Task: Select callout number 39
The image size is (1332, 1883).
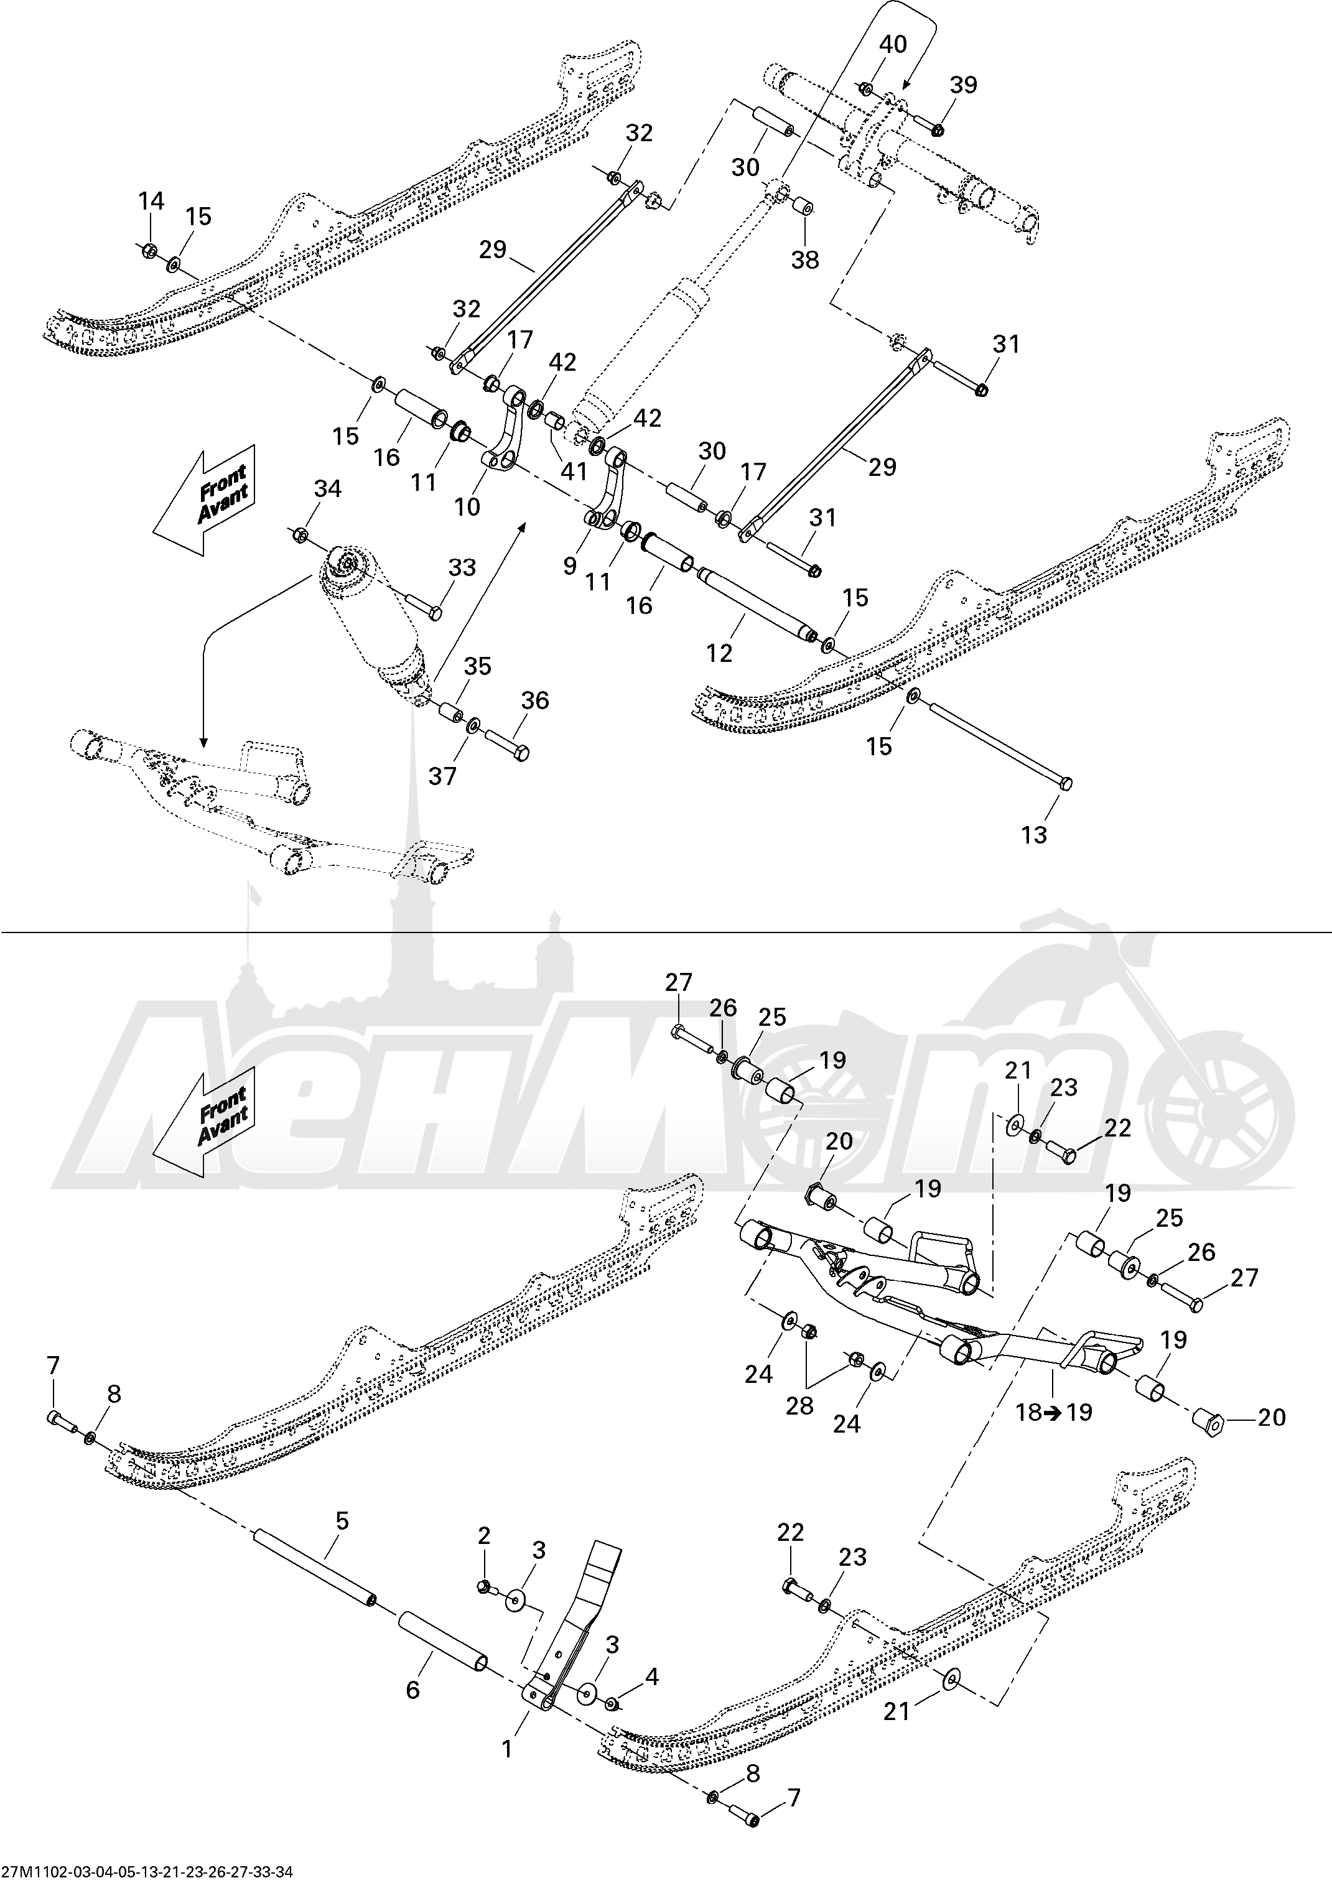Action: [964, 85]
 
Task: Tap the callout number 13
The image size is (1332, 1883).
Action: [1034, 835]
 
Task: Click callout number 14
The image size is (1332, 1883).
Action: [151, 201]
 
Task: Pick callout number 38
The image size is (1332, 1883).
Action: [804, 259]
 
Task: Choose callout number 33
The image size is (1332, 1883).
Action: [462, 567]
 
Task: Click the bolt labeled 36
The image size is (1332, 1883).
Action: [506, 743]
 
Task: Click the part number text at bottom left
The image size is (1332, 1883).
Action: [147, 1872]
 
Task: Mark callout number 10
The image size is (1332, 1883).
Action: [467, 508]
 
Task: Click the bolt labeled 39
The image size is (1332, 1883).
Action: [927, 124]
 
